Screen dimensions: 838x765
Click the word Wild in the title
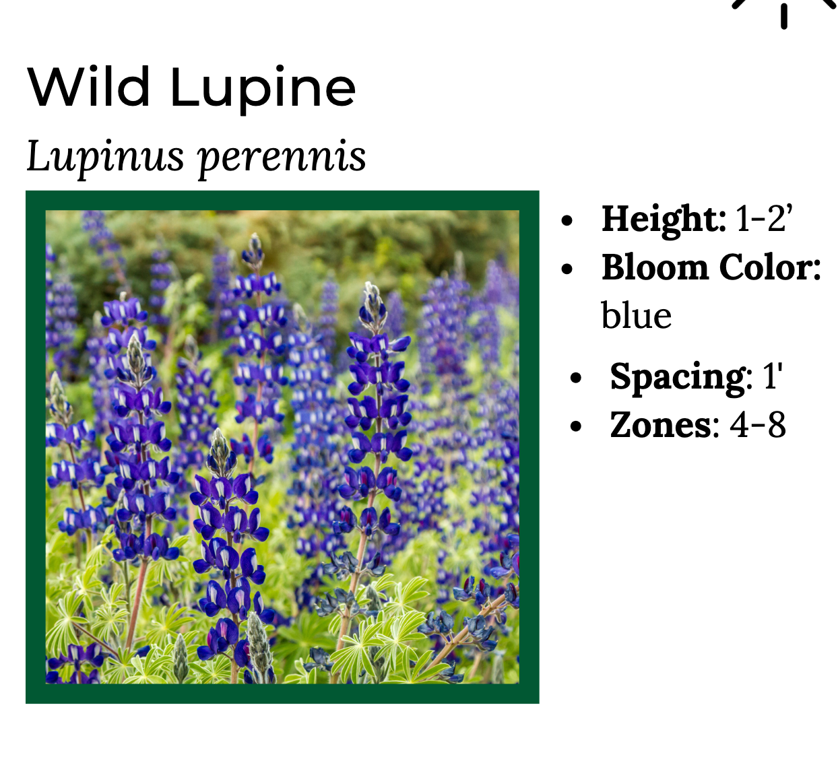88,87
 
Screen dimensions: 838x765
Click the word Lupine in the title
263,90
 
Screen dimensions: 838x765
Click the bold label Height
664,220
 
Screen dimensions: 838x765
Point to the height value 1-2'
764,218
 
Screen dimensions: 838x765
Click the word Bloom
655,267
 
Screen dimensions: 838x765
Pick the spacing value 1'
773,376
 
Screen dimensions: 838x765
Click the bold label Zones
660,425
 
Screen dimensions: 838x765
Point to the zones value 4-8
758,426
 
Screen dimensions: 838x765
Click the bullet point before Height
567,220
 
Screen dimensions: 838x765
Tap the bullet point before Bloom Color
567,269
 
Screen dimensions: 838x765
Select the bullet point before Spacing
576,378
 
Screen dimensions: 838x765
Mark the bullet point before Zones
576,426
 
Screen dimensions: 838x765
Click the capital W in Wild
53,88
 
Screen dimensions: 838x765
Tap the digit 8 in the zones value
777,426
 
